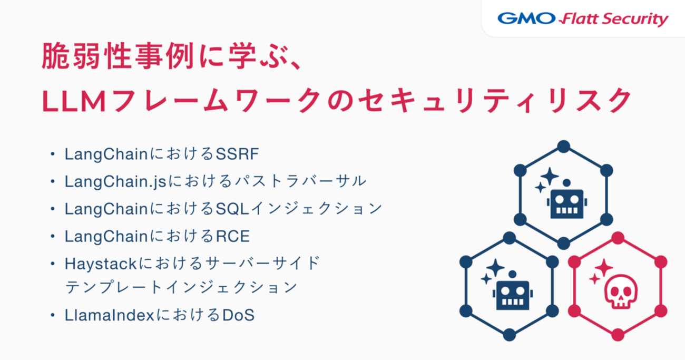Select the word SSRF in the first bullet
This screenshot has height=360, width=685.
coord(237,153)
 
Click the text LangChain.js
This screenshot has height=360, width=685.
coord(115,181)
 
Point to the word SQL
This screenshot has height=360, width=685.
coord(232,209)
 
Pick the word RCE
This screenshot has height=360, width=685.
coord(233,236)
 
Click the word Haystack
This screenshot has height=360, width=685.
coord(101,264)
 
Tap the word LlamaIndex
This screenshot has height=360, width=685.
coord(109,315)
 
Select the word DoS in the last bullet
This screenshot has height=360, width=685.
coord(238,315)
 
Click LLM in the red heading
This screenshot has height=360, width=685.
coord(74,101)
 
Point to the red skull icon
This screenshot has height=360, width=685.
coord(621,291)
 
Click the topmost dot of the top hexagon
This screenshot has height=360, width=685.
coord(563,147)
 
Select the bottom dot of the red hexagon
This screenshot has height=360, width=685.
coord(618,335)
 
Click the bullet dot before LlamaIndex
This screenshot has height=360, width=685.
coord(53,315)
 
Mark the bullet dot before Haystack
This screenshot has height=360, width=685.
coord(53,264)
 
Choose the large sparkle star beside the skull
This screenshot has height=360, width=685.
coord(604,268)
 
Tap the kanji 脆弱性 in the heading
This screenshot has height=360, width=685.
coord(87,56)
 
